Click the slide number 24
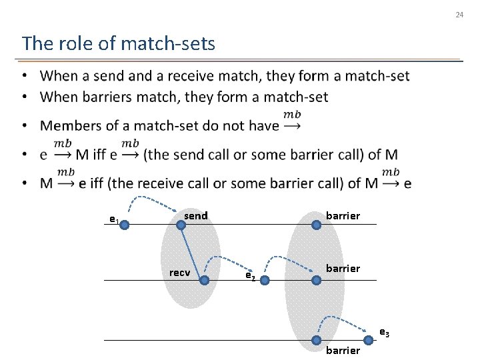[459, 15]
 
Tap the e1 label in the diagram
[114, 219]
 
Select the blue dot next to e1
[125, 225]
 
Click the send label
[195, 215]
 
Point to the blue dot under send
[181, 225]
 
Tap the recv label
[179, 273]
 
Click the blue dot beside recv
[204, 281]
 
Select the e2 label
[249, 275]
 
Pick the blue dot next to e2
[264, 281]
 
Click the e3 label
[385, 331]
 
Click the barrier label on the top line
[343, 215]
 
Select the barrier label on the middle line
[343, 268]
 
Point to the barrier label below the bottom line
[343, 350]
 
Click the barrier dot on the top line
[317, 225]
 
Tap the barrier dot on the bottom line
[317, 339]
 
